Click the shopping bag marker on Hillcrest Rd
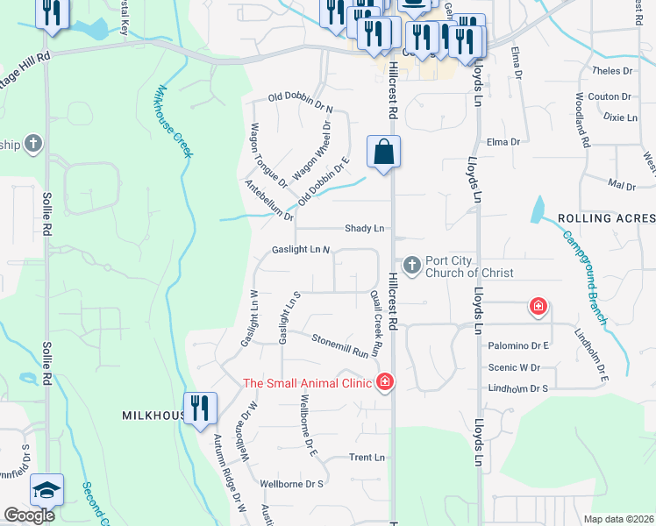383,153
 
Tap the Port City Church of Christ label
469,267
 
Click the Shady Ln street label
365,228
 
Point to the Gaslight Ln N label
300,250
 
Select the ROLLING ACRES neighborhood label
604,218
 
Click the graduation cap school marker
46,490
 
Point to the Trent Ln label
367,458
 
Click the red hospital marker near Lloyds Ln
538,307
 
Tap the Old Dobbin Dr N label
301,103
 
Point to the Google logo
29,515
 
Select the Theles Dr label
612,71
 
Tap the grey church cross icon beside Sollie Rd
33,144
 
